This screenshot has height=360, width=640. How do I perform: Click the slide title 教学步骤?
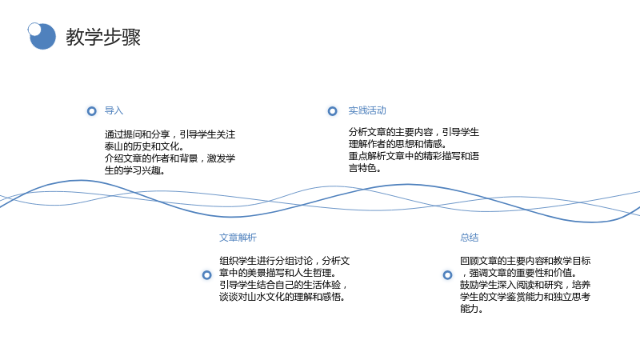click(103, 37)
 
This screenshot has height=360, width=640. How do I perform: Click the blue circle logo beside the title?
click(42, 36)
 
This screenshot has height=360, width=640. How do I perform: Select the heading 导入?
click(114, 110)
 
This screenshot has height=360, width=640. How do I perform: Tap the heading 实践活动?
click(367, 110)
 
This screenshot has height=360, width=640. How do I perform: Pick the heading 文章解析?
click(238, 238)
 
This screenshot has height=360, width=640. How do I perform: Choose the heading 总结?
click(470, 238)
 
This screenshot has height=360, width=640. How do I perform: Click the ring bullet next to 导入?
click(92, 111)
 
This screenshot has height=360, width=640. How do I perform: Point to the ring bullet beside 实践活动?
click(333, 111)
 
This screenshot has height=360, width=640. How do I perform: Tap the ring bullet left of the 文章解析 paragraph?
click(207, 275)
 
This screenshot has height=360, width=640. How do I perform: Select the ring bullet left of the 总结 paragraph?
click(448, 275)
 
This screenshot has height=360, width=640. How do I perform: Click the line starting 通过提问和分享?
click(170, 134)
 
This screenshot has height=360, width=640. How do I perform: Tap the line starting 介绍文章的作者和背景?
click(170, 158)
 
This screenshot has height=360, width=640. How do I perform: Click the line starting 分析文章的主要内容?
click(414, 132)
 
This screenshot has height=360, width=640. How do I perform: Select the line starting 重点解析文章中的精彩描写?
click(414, 156)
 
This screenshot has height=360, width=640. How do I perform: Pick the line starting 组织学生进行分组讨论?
click(285, 261)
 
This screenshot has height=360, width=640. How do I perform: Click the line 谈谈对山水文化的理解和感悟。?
click(282, 297)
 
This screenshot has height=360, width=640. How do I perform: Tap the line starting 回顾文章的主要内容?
click(526, 261)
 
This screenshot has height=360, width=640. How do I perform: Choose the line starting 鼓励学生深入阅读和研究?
click(526, 285)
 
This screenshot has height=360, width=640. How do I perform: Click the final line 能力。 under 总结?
click(472, 309)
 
